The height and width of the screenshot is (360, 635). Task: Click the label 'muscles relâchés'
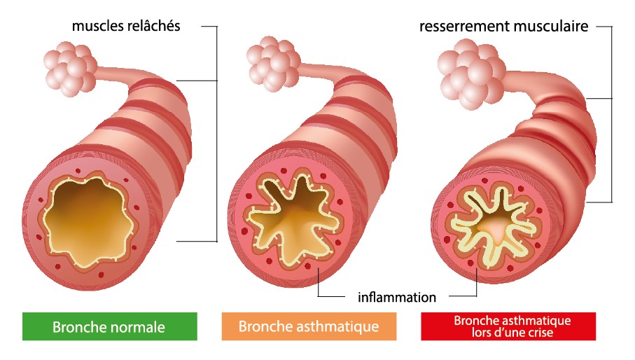click(126, 27)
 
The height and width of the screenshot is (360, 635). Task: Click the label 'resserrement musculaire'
click(503, 27)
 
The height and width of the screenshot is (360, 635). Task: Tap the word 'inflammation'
click(397, 297)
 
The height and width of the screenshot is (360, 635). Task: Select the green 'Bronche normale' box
click(109, 326)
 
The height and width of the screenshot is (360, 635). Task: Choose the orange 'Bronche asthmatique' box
click(308, 326)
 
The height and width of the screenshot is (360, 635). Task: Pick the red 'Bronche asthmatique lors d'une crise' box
click(508, 326)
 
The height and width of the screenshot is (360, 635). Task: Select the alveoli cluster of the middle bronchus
click(270, 62)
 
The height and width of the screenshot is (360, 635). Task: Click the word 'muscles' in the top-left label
click(97, 27)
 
